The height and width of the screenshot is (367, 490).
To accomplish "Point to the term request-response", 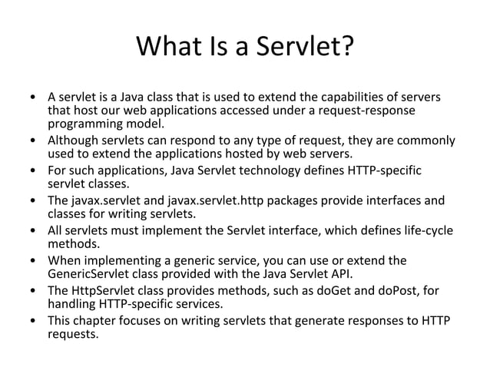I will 372,111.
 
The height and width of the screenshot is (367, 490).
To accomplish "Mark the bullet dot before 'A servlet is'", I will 32,99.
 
